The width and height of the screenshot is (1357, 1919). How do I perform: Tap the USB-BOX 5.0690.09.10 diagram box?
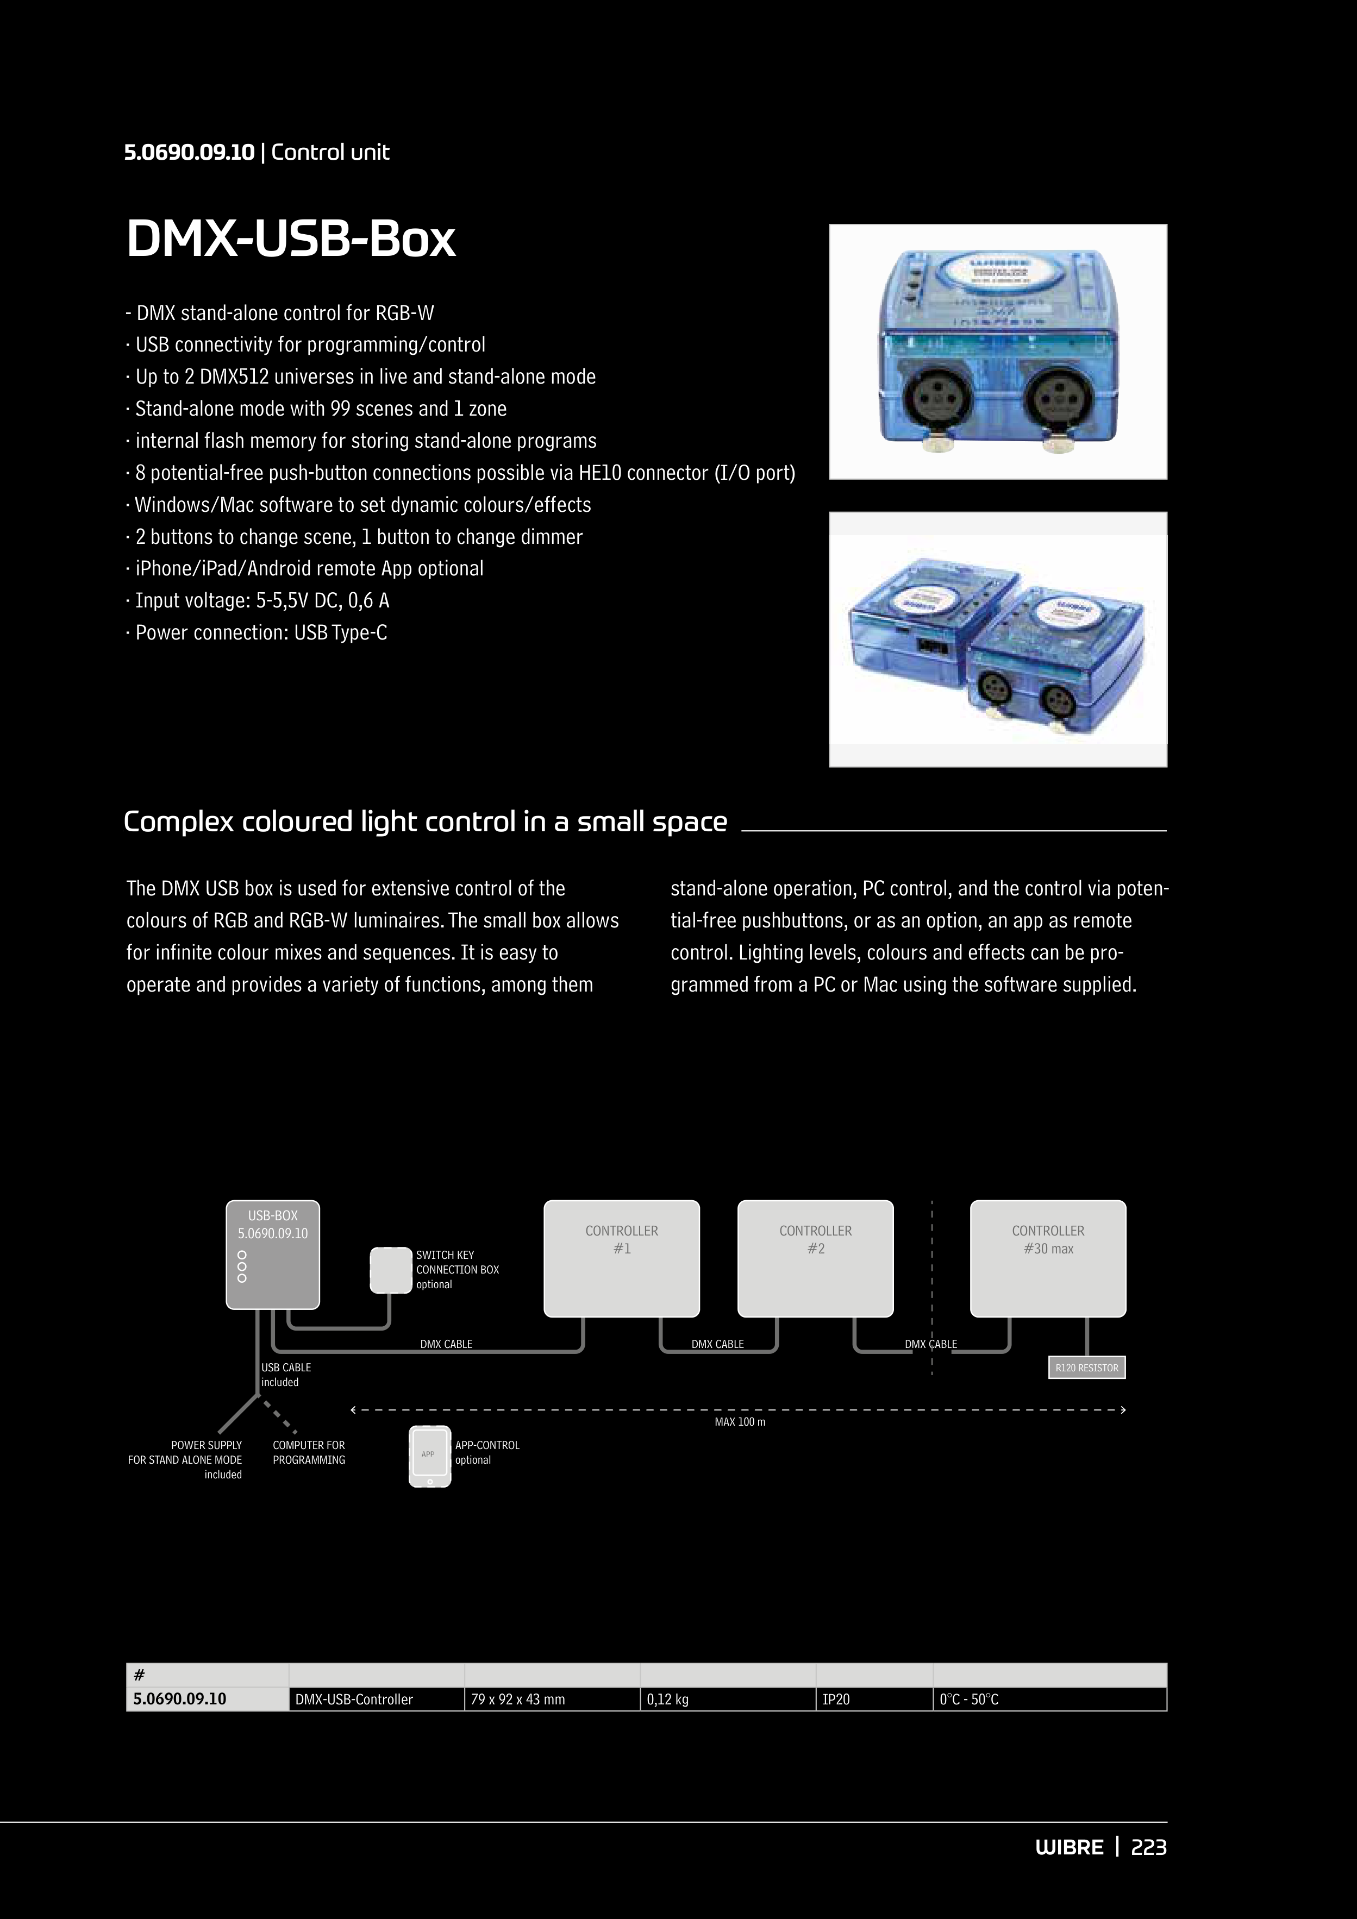[x=273, y=1253]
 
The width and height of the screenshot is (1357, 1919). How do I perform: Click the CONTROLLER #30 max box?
[x=1048, y=1258]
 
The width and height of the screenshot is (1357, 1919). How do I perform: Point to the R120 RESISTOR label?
[x=1086, y=1368]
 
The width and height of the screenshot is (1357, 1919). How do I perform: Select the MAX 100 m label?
[x=740, y=1422]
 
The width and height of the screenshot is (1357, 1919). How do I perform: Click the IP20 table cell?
[x=874, y=1699]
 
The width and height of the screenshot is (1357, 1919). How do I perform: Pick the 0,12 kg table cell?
[x=728, y=1699]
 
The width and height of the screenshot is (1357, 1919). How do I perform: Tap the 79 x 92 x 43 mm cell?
[x=552, y=1699]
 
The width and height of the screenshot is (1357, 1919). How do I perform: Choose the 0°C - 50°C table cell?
[x=1049, y=1699]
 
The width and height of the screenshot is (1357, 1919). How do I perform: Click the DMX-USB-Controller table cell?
[x=376, y=1699]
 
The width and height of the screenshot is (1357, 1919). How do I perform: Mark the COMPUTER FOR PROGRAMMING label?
[x=309, y=1452]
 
